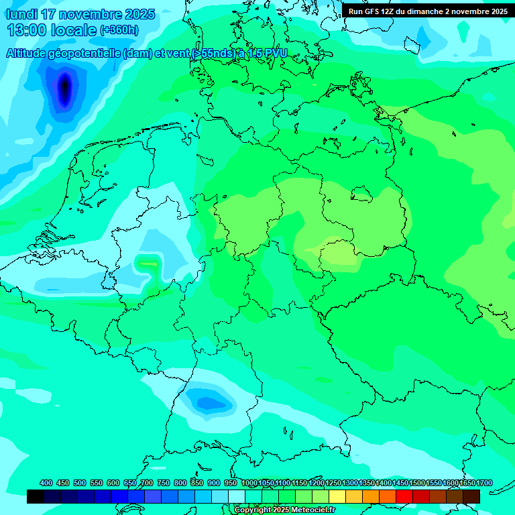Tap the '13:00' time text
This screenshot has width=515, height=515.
point(27,30)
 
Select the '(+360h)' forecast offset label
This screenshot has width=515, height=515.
point(119,30)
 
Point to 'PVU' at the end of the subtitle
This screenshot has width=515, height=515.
point(274,54)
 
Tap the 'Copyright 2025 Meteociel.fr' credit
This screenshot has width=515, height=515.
point(284,510)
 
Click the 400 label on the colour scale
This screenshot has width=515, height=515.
point(46,483)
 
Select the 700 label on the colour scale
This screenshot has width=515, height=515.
point(147,483)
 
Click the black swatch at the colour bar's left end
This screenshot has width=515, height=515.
point(36,497)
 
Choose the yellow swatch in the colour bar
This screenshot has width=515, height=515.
point(337,497)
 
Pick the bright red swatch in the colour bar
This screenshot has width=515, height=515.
point(404,497)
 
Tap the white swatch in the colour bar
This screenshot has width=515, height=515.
point(237,497)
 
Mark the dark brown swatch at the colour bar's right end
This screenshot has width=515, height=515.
point(471,497)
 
